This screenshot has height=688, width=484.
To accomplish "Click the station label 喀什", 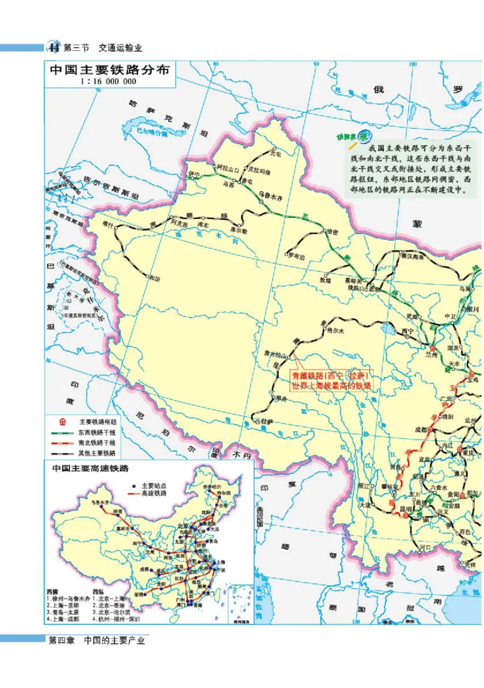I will [108, 223].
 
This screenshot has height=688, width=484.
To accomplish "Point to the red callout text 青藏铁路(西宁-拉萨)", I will [332, 375].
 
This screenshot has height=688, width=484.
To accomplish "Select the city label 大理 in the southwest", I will [364, 504].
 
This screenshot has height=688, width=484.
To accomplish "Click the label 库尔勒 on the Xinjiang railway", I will [240, 231].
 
